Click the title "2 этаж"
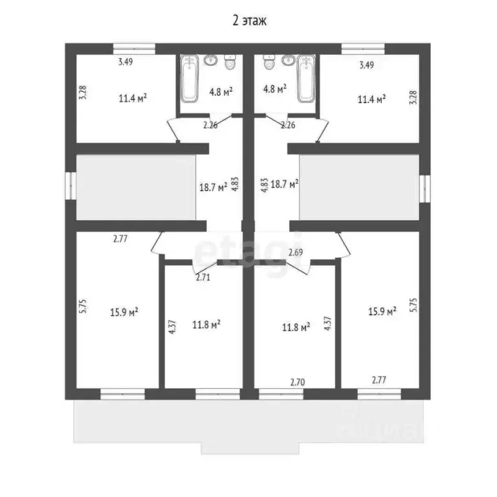[x=249, y=20]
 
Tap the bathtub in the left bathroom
[x=190, y=78]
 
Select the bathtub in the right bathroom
[x=306, y=78]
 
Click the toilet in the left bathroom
[x=230, y=62]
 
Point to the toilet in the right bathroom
[x=269, y=62]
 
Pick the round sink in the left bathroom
[x=211, y=60]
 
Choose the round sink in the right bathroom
[x=289, y=60]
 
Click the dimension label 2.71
[x=203, y=278]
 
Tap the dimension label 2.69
[x=295, y=252]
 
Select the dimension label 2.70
[x=298, y=382]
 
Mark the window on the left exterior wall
[x=71, y=186]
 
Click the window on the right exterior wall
[x=425, y=189]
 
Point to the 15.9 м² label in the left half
[x=124, y=312]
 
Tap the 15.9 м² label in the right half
[x=382, y=311]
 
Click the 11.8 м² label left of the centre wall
[x=206, y=325]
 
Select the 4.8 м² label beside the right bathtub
[x=275, y=89]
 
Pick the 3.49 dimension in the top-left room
[x=126, y=61]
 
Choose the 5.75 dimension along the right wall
[x=414, y=305]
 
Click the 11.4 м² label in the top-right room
[x=371, y=99]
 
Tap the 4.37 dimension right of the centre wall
[x=327, y=324]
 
